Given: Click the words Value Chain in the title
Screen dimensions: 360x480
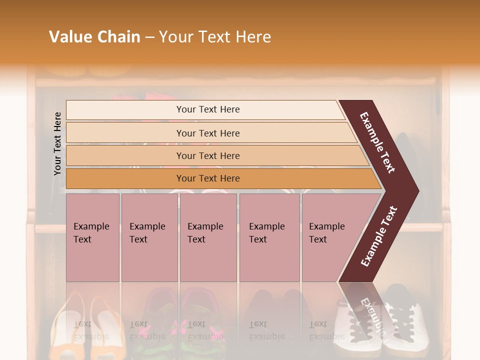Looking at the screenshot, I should (94, 37).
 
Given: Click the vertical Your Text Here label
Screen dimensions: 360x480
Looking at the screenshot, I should (57, 143).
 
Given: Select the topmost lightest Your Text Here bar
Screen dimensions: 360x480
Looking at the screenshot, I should (208, 109).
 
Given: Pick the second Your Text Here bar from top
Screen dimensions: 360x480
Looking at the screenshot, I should (208, 133).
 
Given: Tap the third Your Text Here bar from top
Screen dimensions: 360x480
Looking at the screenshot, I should (208, 155).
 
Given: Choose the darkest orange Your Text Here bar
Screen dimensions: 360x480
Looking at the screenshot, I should (208, 178).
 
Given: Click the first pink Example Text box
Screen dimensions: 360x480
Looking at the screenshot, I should (92, 237).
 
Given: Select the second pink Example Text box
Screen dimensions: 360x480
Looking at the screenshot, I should (149, 237).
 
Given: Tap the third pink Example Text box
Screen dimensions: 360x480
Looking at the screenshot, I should (208, 237).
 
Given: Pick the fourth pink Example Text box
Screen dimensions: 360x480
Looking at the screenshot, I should (269, 237).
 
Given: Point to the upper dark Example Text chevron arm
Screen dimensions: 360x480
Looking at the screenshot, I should (377, 142).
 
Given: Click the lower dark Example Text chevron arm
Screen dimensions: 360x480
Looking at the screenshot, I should (379, 236).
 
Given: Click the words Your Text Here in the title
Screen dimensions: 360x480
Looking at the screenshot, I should (215, 37).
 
